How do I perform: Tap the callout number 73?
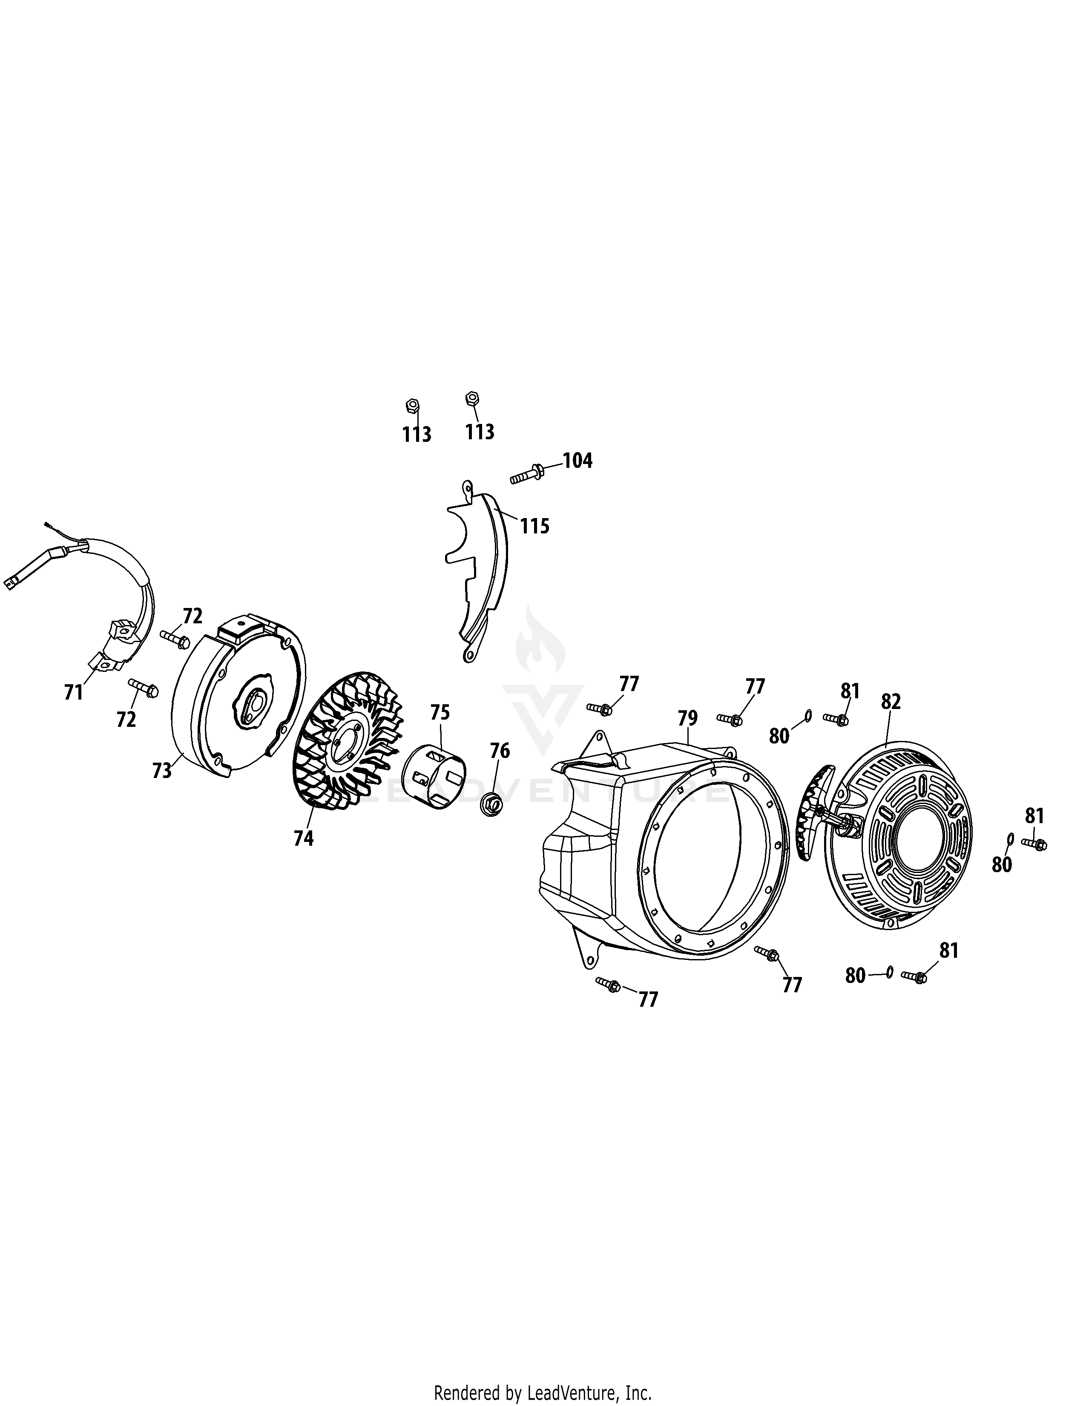[x=162, y=769]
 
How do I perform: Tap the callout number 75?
[x=440, y=713]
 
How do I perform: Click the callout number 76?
[x=500, y=751]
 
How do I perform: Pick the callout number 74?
[x=304, y=838]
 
